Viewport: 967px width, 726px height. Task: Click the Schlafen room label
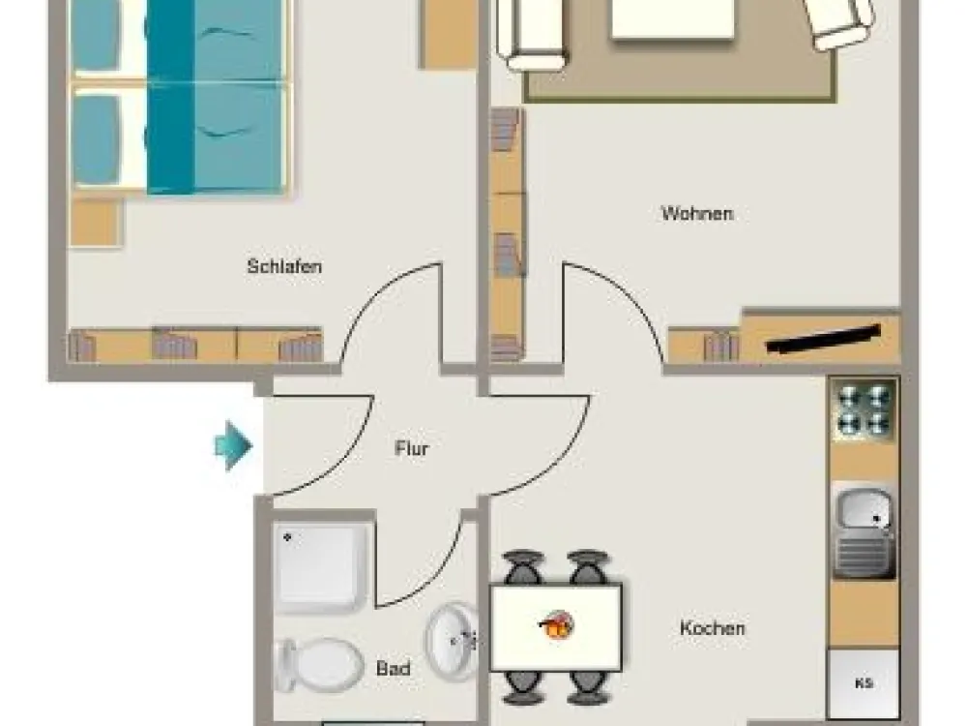click(284, 267)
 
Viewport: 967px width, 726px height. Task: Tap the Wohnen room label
click(697, 214)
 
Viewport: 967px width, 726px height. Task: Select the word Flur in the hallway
click(411, 448)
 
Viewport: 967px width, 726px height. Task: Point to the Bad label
click(393, 668)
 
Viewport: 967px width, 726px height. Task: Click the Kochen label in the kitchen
click(713, 628)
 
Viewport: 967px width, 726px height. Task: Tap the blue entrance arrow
click(232, 445)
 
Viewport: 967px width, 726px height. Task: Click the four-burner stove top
click(864, 409)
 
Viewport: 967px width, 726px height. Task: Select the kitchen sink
click(864, 531)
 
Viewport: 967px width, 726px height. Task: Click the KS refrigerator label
click(864, 683)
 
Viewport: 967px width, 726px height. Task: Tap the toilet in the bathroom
click(319, 665)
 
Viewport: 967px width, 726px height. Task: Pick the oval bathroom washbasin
click(452, 642)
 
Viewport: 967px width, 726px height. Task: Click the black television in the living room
click(823, 339)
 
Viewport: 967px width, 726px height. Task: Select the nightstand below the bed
click(96, 223)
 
